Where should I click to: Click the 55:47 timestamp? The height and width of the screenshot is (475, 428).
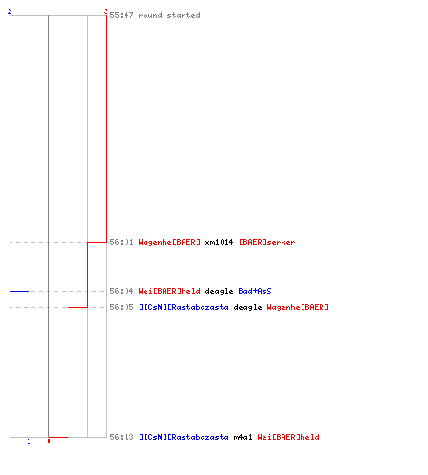click(x=122, y=15)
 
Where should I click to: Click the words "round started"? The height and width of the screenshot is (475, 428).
click(x=169, y=15)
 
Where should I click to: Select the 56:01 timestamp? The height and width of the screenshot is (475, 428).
click(x=122, y=242)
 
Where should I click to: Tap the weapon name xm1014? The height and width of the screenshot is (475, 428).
click(x=219, y=242)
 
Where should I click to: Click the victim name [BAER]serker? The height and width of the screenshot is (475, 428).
click(x=266, y=242)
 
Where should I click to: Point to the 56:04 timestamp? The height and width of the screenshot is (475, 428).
click(x=122, y=291)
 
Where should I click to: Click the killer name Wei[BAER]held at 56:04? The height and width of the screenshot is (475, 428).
click(x=169, y=291)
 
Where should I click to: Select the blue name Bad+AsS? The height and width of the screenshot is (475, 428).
click(x=255, y=291)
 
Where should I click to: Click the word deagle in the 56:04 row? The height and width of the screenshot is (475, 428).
click(x=219, y=291)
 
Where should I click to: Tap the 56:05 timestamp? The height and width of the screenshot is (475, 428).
click(x=122, y=307)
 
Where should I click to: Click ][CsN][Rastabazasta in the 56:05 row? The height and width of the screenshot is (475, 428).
click(x=184, y=307)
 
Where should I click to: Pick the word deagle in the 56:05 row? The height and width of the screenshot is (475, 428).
click(x=247, y=308)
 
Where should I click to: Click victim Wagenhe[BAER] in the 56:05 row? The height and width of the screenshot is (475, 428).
click(x=298, y=307)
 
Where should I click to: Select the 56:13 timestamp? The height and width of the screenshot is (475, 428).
click(x=122, y=437)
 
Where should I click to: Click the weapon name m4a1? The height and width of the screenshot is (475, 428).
click(x=243, y=437)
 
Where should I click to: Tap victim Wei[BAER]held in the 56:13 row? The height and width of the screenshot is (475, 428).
click(x=288, y=437)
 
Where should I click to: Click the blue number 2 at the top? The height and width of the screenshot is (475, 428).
click(x=10, y=11)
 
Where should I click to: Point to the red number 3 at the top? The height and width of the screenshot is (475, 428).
click(x=106, y=11)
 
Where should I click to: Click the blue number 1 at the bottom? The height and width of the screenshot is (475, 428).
click(x=29, y=441)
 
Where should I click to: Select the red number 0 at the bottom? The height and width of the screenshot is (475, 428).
click(x=49, y=441)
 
